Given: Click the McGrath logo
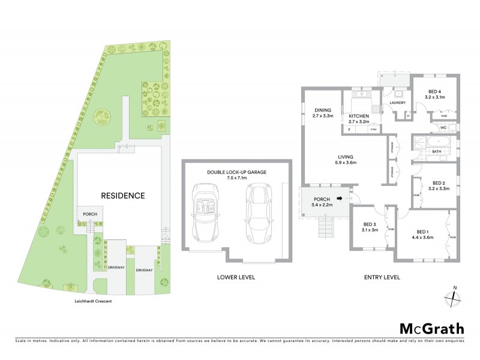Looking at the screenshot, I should pos(431,328).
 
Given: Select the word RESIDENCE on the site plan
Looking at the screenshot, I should pos(122,195).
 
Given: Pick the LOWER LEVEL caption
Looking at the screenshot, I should pos(236,277).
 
